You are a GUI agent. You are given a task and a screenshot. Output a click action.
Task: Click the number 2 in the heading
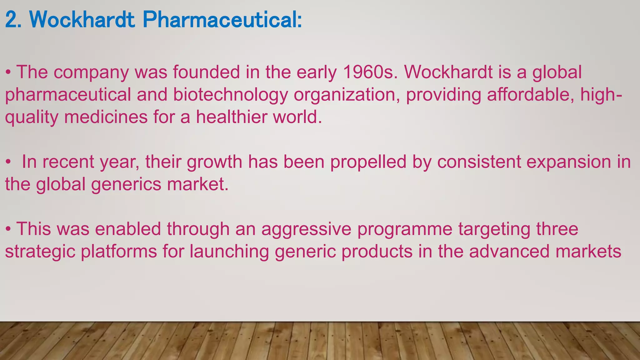(x=11, y=20)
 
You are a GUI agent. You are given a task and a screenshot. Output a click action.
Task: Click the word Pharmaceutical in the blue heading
(x=222, y=20)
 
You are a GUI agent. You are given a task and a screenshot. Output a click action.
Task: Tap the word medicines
(x=106, y=117)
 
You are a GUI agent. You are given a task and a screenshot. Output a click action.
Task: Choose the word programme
(x=405, y=230)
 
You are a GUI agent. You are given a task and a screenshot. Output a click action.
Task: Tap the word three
(x=557, y=229)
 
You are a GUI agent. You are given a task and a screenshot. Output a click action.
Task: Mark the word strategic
(x=40, y=252)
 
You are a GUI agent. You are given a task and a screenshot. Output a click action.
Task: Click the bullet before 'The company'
(x=8, y=73)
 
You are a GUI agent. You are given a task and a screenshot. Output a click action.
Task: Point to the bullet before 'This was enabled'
(x=8, y=230)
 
